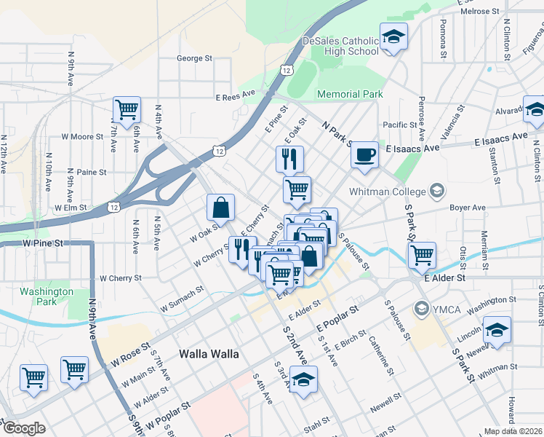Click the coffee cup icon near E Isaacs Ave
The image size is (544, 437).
tap(364, 155)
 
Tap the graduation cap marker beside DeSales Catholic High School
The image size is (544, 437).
tap(393, 37)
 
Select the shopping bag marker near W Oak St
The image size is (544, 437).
tap(220, 208)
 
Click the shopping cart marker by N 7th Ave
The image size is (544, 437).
tap(127, 111)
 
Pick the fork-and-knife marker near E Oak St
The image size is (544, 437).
tap(289, 158)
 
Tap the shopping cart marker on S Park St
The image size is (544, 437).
tap(422, 256)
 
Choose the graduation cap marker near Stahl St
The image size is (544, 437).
tap(303, 379)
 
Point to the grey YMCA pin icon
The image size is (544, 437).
tap(420, 309)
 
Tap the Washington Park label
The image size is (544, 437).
tap(47, 296)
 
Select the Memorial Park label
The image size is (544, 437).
tap(350, 94)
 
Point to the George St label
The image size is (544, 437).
tap(193, 58)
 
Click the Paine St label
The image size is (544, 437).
tap(92, 172)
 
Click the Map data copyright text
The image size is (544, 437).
tap(513, 431)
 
